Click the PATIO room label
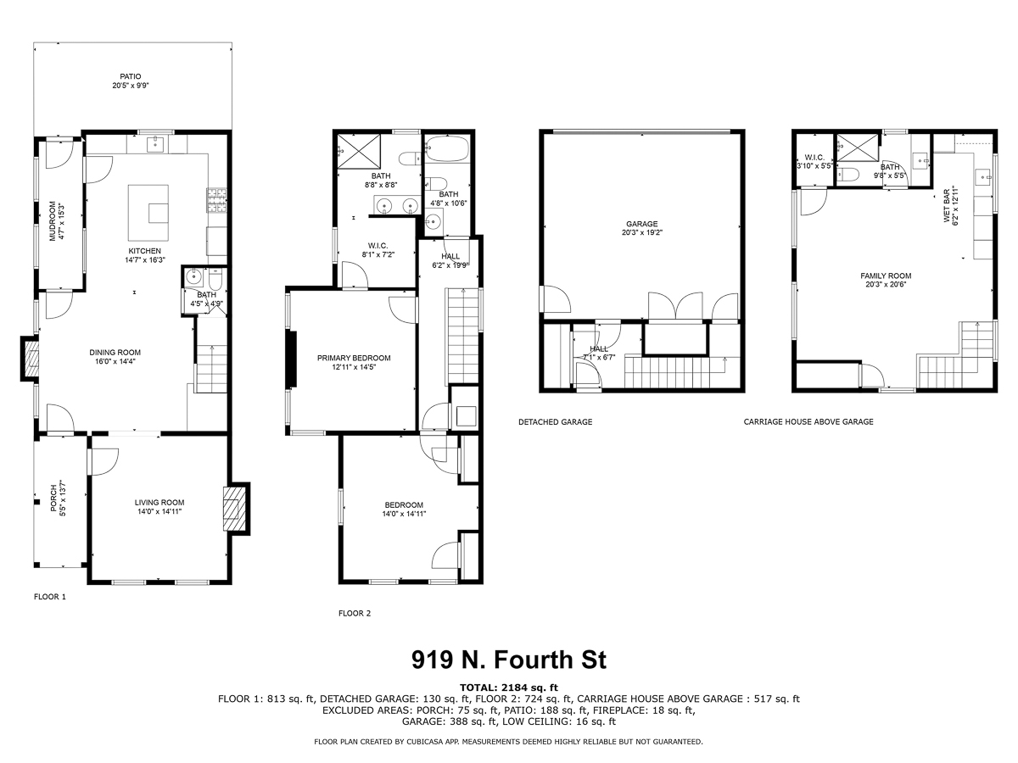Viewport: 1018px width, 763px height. coord(131,76)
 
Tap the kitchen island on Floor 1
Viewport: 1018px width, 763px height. coord(148,211)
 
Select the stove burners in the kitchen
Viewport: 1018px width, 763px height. coord(216,200)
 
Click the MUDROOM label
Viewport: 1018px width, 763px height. coord(53,220)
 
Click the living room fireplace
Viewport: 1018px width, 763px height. coord(236,508)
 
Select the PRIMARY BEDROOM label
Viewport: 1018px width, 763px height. coord(354,358)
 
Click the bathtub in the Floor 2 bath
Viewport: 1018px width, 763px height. coord(448,148)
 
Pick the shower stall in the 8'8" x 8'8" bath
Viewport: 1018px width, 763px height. coord(359,151)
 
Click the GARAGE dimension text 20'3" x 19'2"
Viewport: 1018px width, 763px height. coord(642,232)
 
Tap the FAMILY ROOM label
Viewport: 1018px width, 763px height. coord(886,276)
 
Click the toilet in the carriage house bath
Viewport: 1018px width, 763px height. coord(848,174)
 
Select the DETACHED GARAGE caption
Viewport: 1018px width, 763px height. coord(555,422)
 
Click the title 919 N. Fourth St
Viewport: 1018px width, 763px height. coord(509,660)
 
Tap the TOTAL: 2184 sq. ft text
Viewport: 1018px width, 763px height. coord(509,688)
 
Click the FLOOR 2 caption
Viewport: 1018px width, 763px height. coord(355,613)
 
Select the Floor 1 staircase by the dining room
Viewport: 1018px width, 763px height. coord(211,370)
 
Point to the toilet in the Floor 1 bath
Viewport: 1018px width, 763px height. coord(215,280)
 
